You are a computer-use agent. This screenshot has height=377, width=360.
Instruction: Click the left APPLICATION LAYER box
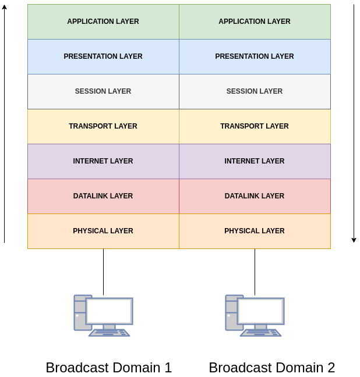tap(103, 22)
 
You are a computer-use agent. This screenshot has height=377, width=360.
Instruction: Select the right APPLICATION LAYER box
tap(255, 22)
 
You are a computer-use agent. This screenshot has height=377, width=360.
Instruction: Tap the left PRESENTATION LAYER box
tap(103, 56)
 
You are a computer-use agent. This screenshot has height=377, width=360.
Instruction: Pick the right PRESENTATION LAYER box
tap(255, 56)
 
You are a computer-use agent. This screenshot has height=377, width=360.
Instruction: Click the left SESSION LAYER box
tap(103, 91)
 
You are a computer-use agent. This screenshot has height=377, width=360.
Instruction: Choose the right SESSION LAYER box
tap(255, 91)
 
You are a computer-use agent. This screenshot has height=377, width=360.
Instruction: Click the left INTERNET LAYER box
tap(103, 161)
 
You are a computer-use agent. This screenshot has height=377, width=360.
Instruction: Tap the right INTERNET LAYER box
tap(255, 161)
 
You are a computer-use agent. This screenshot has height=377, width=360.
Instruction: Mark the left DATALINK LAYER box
tap(103, 196)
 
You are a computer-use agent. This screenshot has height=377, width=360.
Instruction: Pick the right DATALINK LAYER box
tap(255, 196)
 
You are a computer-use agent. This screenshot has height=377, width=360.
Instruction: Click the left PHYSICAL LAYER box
tap(103, 231)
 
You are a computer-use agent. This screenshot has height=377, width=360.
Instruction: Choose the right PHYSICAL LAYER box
tap(255, 231)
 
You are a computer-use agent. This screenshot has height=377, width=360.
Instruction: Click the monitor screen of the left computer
tap(110, 311)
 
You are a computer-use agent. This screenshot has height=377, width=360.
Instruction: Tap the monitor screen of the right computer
tap(261, 311)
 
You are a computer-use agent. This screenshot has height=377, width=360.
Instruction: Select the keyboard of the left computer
tap(109, 333)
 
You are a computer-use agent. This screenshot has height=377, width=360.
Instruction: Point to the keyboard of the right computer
tap(260, 333)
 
